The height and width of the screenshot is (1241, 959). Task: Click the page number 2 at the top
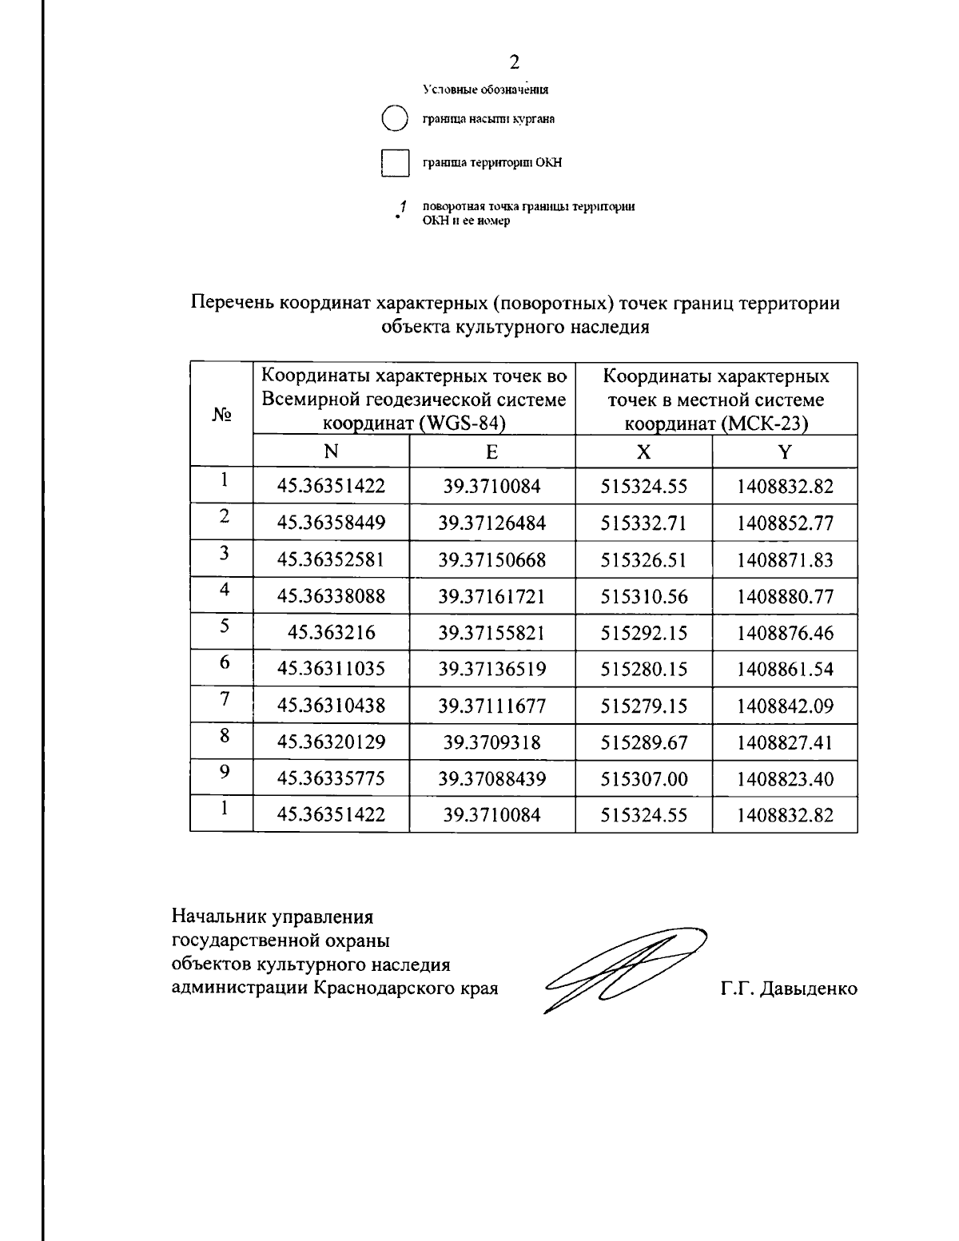515,62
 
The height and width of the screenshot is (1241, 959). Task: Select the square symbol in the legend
395,163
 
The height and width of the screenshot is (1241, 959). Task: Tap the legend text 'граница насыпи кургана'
488,120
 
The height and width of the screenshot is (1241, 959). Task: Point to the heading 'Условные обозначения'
485,89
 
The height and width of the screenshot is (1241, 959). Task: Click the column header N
331,451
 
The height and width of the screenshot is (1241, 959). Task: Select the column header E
491,451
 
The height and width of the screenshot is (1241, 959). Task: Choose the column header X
643,451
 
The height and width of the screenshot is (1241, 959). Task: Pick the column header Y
784,451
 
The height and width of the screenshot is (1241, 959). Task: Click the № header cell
221,415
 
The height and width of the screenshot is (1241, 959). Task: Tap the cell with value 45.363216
331,633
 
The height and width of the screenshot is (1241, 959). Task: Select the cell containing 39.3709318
491,742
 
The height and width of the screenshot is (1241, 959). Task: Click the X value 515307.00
643,779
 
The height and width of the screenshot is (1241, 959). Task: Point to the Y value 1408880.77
785,597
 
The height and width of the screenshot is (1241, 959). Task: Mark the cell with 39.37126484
491,523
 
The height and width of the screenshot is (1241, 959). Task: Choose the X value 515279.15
643,706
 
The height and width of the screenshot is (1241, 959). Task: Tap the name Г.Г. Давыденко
788,989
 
